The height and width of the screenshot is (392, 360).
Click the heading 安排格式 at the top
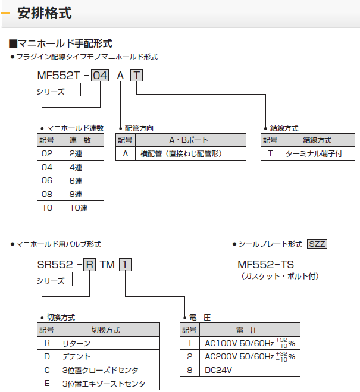[x=45, y=14]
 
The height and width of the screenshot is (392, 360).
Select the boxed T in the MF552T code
[x=137, y=76]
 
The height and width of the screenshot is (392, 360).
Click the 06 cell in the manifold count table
[x=46, y=181]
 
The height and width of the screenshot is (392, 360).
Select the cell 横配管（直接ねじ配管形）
[x=181, y=154]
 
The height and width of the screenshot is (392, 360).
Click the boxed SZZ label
[x=317, y=244]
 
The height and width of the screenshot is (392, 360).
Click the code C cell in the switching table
[x=47, y=370]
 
